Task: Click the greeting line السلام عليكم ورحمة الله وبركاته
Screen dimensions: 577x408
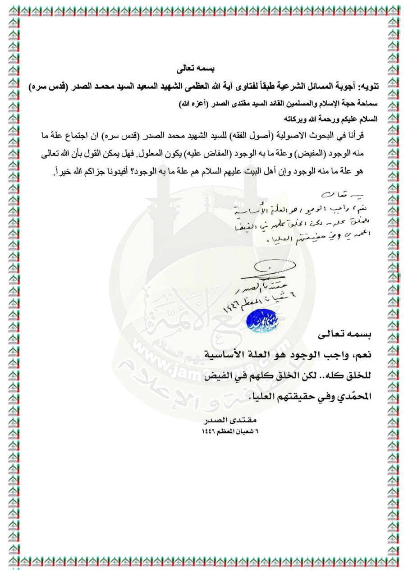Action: pyautogui.click(x=332, y=119)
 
